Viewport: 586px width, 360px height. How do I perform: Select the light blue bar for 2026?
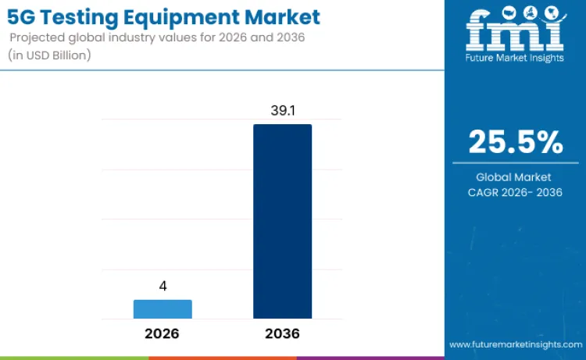pos(163,309)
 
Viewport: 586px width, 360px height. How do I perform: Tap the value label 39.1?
pos(282,111)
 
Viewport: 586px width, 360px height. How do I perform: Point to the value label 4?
pos(163,286)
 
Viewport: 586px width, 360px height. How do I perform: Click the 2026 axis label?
pos(162,333)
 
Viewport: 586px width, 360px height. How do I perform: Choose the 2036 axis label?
pos(282,333)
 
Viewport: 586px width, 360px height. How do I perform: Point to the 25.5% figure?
pos(515,142)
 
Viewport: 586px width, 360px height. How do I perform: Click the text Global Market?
pos(515,177)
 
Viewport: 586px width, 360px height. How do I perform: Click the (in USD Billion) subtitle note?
pos(52,55)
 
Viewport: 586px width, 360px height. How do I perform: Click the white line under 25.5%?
pos(515,162)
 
